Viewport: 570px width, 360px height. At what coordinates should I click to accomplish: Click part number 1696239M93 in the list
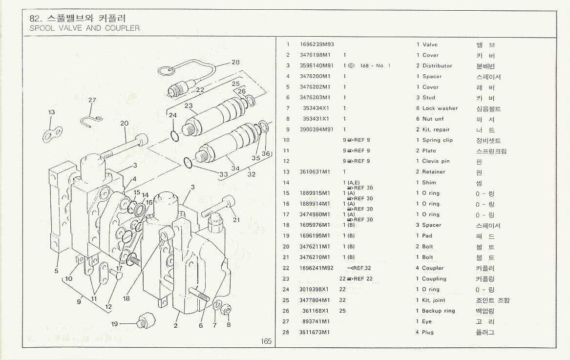(317, 44)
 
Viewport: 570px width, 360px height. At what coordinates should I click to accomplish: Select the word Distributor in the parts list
(437, 66)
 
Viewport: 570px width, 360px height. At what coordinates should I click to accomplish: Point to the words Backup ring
(438, 311)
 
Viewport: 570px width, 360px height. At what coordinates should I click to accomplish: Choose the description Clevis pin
(436, 161)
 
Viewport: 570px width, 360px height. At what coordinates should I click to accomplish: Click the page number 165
(266, 341)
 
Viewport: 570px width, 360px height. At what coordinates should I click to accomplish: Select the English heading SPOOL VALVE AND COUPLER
(84, 28)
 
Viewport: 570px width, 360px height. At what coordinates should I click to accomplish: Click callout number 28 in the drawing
(235, 62)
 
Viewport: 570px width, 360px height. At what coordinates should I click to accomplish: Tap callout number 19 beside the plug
(114, 323)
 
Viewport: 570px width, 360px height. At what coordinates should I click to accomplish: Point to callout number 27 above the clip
(92, 100)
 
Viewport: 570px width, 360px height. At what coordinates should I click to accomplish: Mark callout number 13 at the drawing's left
(52, 112)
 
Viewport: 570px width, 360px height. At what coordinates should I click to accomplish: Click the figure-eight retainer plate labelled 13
(52, 132)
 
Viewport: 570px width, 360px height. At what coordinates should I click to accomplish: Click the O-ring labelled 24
(175, 134)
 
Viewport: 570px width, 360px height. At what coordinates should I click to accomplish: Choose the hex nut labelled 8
(226, 310)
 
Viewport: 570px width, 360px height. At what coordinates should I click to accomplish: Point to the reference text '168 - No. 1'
(375, 66)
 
